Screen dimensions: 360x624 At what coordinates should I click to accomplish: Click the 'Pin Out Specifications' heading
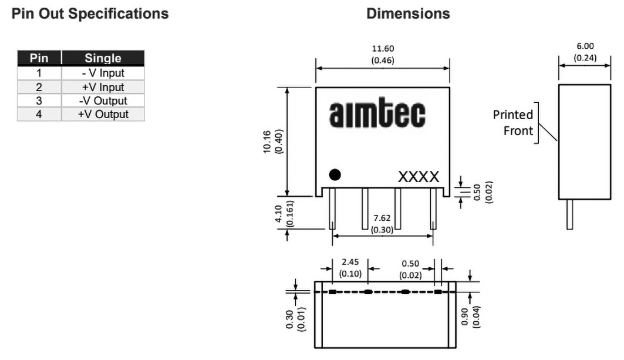pos(90,14)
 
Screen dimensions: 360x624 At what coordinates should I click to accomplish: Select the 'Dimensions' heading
pos(408,14)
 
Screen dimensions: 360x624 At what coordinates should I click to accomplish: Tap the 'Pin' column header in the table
pos(39,58)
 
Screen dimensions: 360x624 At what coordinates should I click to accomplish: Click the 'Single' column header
pos(103,58)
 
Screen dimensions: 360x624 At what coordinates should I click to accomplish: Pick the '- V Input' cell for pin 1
pos(103,73)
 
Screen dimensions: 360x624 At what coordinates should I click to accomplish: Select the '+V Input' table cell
pos(103,87)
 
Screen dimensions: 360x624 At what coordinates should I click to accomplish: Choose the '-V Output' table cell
pos(103,100)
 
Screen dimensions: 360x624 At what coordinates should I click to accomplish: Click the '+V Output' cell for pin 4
pos(103,114)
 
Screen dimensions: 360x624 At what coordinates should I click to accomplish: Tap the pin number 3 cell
pos(39,100)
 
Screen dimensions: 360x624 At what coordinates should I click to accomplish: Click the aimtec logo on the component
pos(377,115)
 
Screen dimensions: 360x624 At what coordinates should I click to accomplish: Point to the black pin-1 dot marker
pos(335,174)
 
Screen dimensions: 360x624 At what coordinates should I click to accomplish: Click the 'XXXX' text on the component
pos(418,177)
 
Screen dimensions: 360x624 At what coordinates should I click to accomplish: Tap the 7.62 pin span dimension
pos(382,218)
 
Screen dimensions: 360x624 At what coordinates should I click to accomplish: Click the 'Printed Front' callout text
pos(514,122)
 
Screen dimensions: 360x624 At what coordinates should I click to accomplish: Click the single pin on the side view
pos(569,214)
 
